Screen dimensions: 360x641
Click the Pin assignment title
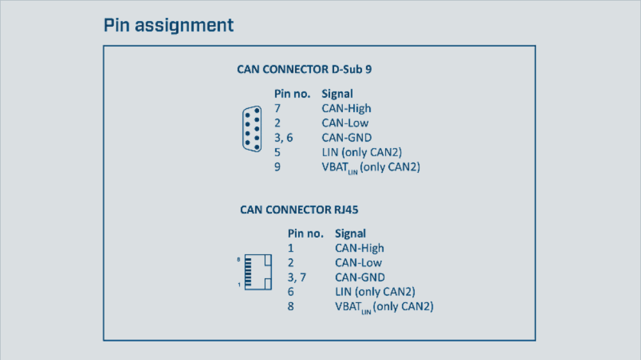pos(169,26)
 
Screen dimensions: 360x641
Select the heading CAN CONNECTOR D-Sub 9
pos(304,69)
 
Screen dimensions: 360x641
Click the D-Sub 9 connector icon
pos(252,129)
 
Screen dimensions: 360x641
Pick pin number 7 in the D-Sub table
pos(278,108)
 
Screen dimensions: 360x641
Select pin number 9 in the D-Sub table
pos(278,167)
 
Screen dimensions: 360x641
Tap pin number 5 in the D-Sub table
pos(278,152)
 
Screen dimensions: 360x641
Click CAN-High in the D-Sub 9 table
pos(346,108)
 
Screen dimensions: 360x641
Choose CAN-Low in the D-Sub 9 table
pos(345,123)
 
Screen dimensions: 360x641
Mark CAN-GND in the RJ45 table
pos(360,277)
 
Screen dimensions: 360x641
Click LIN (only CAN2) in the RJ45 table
pos(374,292)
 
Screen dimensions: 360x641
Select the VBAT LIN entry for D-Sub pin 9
pos(370,168)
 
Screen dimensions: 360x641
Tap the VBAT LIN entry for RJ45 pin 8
pos(384,307)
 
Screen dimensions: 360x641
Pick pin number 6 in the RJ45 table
pos(290,292)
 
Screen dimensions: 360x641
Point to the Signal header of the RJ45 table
pos(350,233)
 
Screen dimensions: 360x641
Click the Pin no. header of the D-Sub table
pos(292,94)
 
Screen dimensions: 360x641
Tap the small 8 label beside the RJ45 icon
pos(238,259)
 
